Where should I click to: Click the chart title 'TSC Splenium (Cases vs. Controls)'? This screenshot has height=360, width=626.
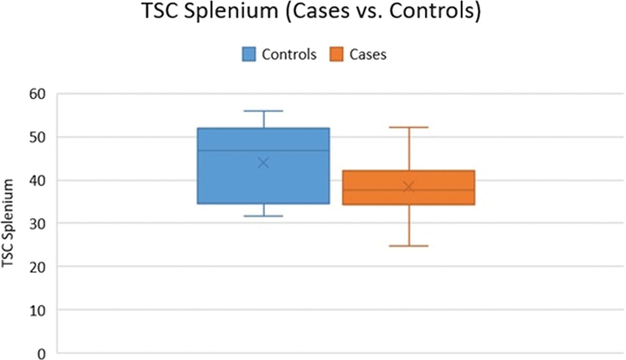pos(312,11)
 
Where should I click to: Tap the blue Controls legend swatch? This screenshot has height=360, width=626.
pos(249,54)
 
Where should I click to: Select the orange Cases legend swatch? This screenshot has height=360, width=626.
pos(336,54)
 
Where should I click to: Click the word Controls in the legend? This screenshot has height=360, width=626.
pos(289,54)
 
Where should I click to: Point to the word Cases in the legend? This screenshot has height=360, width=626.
pos(368,54)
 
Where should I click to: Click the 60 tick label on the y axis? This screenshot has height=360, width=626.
pos(37,94)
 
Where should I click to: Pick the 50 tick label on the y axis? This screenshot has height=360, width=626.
pos(37,137)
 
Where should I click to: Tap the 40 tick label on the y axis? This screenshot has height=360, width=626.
pos(37,180)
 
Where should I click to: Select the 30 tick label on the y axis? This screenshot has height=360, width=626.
pos(37,224)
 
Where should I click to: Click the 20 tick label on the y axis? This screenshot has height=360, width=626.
pos(37,267)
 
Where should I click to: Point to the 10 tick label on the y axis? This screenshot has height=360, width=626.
pos(37,310)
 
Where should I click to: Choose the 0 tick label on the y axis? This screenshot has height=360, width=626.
pos(42,354)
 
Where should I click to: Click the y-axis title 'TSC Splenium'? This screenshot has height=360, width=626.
pos(7,224)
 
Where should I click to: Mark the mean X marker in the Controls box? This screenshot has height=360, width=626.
pos(264,163)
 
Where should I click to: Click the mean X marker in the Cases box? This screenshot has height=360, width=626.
pos(408,187)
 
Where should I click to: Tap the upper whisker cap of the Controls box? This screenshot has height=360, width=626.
pos(264,111)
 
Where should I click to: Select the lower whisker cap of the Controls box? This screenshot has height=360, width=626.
pos(264,216)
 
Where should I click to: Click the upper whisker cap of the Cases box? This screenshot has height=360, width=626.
pos(408,127)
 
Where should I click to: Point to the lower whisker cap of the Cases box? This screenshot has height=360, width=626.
pos(408,246)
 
